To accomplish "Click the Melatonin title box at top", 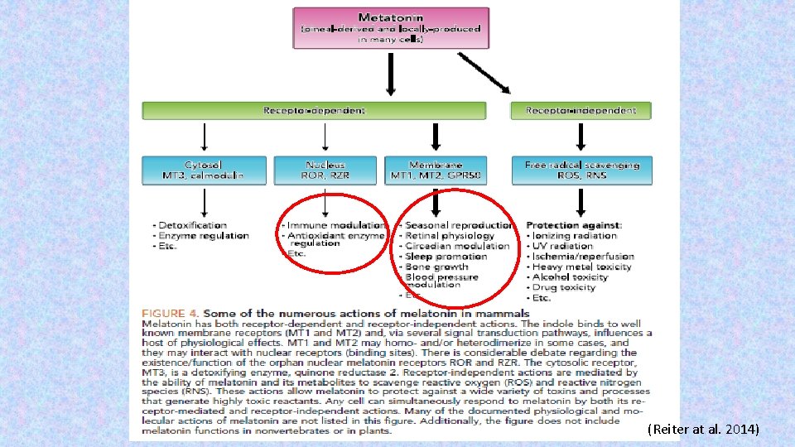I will pyautogui.click(x=390, y=27).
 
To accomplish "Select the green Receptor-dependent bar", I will pyautogui.click(x=314, y=110).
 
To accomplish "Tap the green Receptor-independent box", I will pyautogui.click(x=581, y=110).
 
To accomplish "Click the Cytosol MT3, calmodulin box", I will pyautogui.click(x=204, y=170).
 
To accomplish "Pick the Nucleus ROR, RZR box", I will pyautogui.click(x=325, y=170).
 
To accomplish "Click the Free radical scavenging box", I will pyautogui.click(x=581, y=170).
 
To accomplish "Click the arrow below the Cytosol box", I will pyautogui.click(x=205, y=201).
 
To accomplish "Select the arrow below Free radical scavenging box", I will pyautogui.click(x=581, y=201).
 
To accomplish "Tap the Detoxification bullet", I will pyautogui.click(x=191, y=225).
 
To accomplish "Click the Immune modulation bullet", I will pyautogui.click(x=335, y=225).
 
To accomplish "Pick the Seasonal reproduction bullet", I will pyautogui.click(x=458, y=225).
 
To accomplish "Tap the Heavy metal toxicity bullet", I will pyautogui.click(x=581, y=267).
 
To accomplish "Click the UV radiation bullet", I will pyautogui.click(x=563, y=246).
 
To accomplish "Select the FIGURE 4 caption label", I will pyautogui.click(x=171, y=314).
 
